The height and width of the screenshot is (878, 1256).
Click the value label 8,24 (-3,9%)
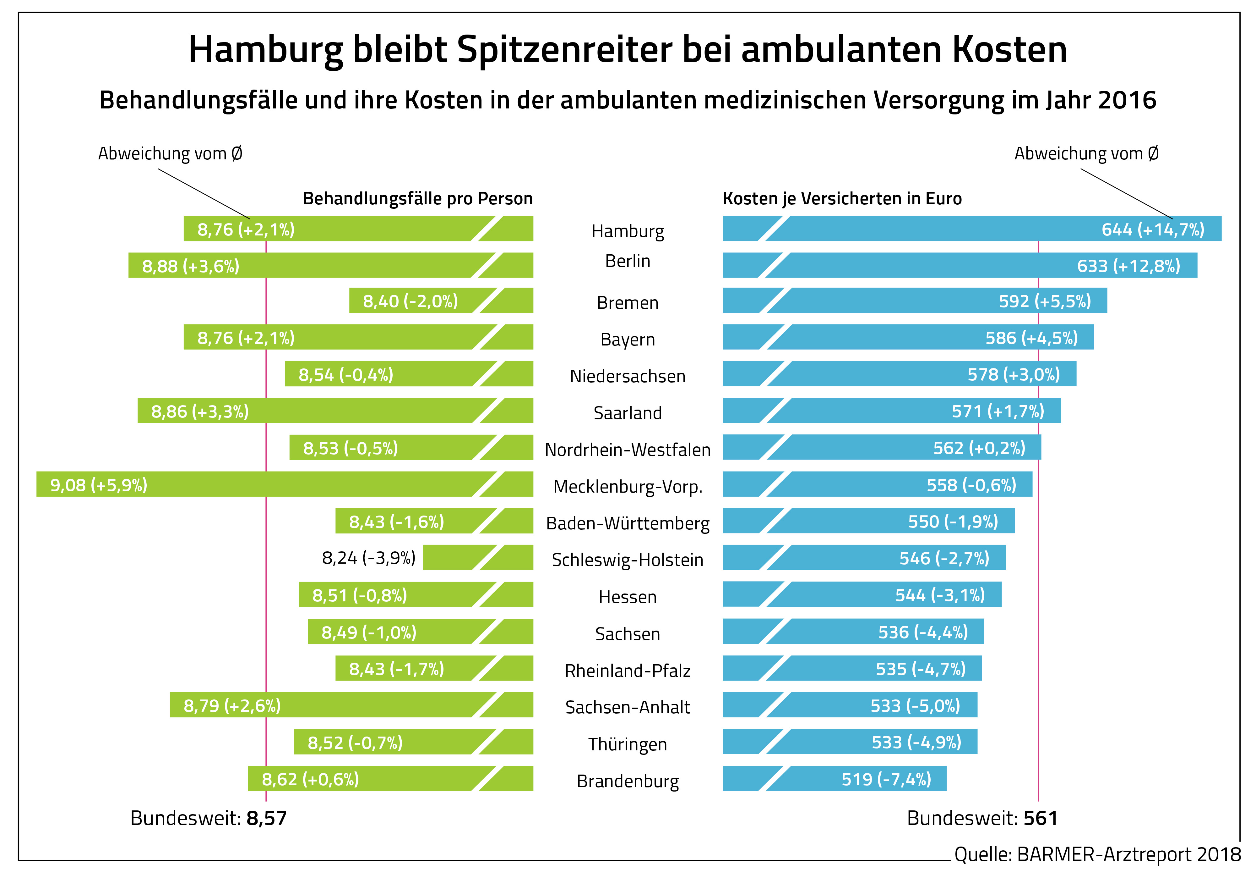pyautogui.click(x=369, y=558)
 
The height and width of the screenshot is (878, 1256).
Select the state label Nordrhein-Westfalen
pyautogui.click(x=628, y=450)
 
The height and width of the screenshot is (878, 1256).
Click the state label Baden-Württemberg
pyautogui.click(x=628, y=523)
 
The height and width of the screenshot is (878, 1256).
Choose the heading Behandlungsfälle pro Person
pyautogui.click(x=417, y=198)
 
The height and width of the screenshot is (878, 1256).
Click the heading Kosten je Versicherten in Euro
pyautogui.click(x=842, y=198)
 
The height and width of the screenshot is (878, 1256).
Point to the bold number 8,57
pyautogui.click(x=266, y=818)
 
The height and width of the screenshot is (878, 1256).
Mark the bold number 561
pyautogui.click(x=1041, y=818)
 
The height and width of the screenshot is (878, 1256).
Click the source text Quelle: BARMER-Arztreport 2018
pyautogui.click(x=1097, y=854)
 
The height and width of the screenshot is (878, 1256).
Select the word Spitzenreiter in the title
pyautogui.click(x=564, y=49)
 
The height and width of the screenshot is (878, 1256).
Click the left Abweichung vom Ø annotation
pyautogui.click(x=170, y=154)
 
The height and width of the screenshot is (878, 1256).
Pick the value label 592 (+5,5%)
pyautogui.click(x=1044, y=301)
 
